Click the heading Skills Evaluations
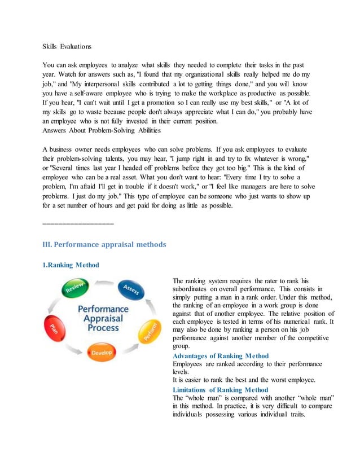tap(67, 46)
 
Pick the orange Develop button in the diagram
tap(102, 353)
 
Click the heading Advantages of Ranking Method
tap(221, 355)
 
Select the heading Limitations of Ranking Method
tap(220, 390)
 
